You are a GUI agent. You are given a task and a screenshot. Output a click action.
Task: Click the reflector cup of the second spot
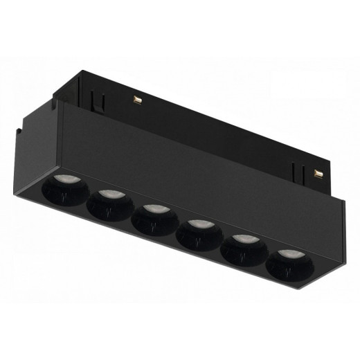click(x=109, y=209)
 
